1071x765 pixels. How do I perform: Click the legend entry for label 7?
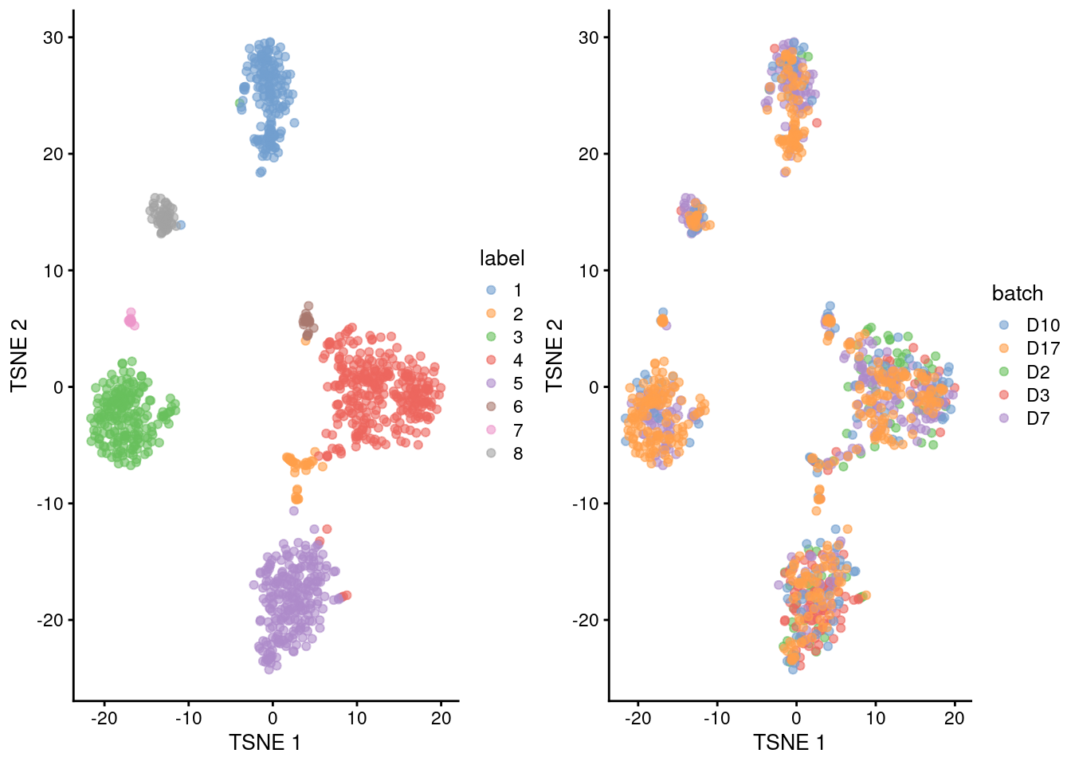pos(517,430)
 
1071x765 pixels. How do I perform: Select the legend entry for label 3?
pos(517,337)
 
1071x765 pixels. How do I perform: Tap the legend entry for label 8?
pos(517,453)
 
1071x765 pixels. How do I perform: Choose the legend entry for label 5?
pos(517,383)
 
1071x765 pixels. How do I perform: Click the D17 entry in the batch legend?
pos(1042,348)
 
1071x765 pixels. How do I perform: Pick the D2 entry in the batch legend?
pos(1038,372)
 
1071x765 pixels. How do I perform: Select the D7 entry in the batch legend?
pos(1038,418)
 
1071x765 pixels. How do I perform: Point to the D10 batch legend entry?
pos(1042,325)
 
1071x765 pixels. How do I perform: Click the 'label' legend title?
pos(502,258)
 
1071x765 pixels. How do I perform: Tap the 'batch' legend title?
pos(1017,293)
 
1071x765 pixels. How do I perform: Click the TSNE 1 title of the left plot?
pos(265,743)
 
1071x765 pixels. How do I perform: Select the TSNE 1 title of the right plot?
pos(789,743)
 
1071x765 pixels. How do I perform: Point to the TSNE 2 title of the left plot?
pos(19,355)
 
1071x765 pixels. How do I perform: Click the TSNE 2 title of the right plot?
pos(555,355)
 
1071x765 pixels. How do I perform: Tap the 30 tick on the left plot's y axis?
pos(53,37)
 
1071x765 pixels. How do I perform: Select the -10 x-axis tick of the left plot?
pos(189,718)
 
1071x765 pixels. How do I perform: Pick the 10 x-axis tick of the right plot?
pos(875,718)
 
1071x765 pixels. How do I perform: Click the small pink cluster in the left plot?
pos(131,319)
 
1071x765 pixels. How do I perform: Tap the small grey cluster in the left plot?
pos(163,215)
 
